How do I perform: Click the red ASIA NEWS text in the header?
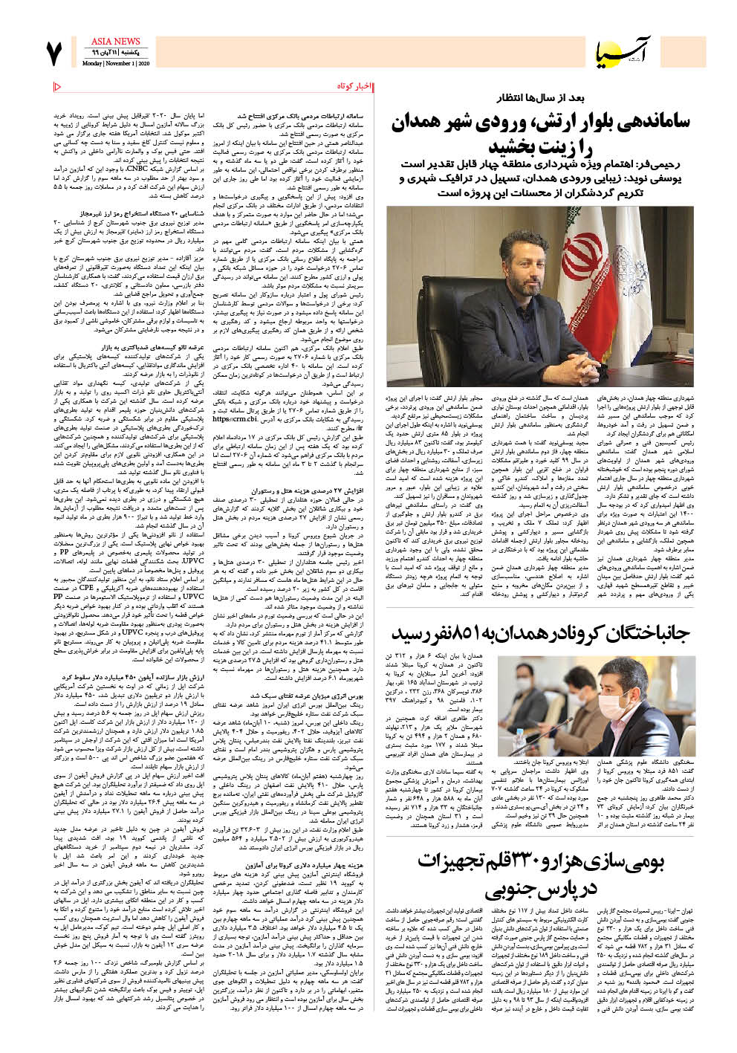click(x=115, y=42)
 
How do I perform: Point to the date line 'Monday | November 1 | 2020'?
click(x=116, y=64)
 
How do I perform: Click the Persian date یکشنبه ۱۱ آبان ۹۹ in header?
click(x=115, y=54)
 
